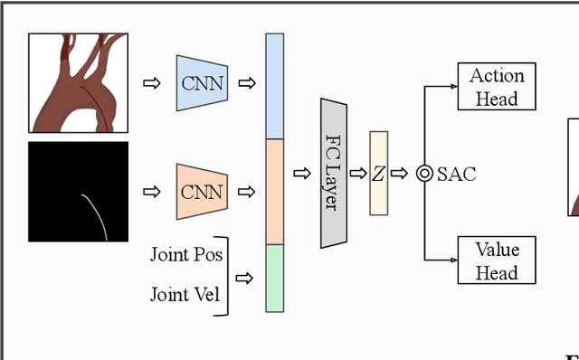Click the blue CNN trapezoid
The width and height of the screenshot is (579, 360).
202,83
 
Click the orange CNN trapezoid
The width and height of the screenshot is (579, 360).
202,192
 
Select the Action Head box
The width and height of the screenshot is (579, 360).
497,87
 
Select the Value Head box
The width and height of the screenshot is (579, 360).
497,261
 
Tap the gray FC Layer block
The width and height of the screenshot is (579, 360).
334,173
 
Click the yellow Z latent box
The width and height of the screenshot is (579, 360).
378,174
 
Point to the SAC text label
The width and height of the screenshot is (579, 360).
456,174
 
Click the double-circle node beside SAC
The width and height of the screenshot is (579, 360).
424,174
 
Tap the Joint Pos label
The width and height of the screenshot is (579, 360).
185,254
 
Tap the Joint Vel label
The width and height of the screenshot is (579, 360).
184,294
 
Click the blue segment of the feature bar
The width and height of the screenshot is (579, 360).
274,87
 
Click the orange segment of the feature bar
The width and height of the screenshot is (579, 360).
274,192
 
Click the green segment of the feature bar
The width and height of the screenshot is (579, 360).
274,279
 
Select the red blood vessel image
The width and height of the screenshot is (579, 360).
78,83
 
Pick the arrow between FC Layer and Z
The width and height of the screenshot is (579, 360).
358,174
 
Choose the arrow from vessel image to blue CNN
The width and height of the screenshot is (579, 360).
151,83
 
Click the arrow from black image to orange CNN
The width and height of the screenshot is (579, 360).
151,192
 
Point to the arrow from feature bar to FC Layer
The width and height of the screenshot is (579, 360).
302,174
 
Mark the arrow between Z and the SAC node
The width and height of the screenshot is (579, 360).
400,174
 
